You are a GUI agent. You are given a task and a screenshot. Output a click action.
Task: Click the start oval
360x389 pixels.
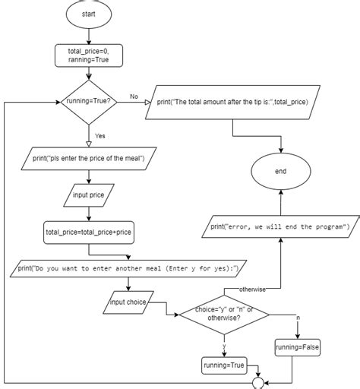click(90, 14)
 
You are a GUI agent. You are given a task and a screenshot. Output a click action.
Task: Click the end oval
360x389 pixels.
click(280, 172)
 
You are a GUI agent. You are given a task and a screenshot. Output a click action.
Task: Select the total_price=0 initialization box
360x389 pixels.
click(90, 55)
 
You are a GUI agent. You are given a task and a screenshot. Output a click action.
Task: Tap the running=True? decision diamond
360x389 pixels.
click(90, 102)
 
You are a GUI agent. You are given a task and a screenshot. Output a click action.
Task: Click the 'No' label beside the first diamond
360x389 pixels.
click(134, 96)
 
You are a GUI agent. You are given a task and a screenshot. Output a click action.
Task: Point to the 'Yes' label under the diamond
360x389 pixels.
click(99, 137)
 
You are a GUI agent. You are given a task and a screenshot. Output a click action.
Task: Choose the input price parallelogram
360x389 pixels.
click(90, 195)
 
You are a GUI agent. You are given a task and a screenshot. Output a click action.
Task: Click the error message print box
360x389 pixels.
click(280, 226)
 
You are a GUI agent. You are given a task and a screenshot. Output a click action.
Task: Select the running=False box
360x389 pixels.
click(298, 347)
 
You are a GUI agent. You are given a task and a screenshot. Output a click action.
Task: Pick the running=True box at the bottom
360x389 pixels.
click(223, 365)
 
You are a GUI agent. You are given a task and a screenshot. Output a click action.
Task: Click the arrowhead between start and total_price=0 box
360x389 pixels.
click(90, 38)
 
